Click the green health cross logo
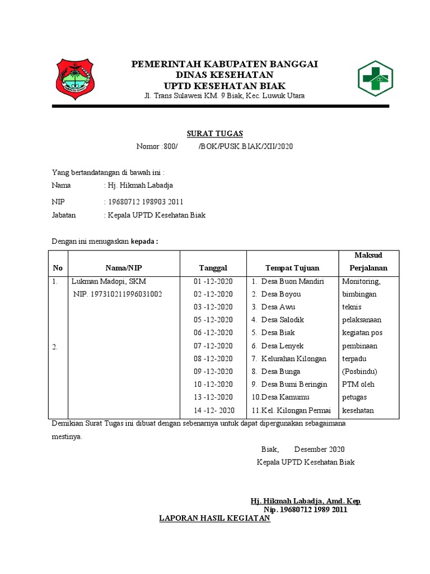[375, 79]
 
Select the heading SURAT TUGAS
[214, 133]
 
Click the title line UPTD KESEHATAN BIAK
[224, 86]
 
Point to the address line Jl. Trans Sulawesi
[225, 96]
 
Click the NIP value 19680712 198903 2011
[145, 202]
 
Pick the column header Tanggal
[213, 268]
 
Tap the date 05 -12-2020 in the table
[213, 320]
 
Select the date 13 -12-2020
[213, 397]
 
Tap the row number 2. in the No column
[55, 348]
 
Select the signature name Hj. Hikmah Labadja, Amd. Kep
[305, 501]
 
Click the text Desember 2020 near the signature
[319, 450]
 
